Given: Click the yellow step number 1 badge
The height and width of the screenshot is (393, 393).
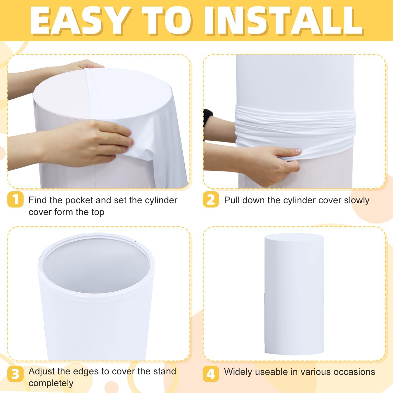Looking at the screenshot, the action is [15, 200].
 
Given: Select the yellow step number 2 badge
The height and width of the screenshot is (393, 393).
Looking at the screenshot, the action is [211, 200].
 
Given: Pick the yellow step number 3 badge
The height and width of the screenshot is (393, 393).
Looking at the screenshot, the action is [15, 374].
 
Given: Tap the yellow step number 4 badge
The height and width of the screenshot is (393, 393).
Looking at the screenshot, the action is [211, 374].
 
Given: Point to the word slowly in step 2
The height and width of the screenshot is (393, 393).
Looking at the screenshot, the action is [357, 201].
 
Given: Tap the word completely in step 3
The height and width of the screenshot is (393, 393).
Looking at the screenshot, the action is [51, 383].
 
